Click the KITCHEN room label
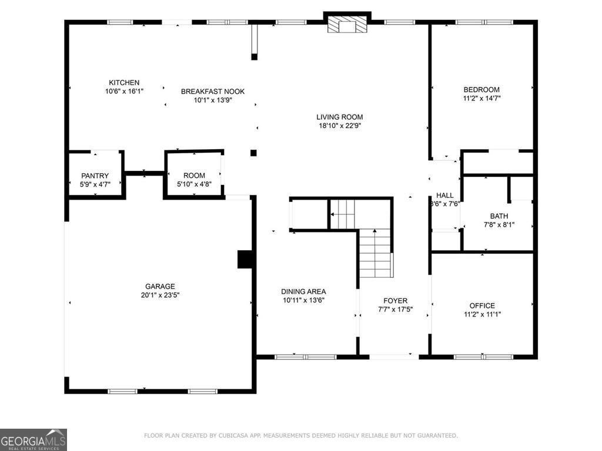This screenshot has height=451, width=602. [x=124, y=83]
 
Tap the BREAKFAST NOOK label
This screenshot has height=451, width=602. [x=212, y=92]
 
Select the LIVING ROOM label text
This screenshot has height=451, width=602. [x=340, y=117]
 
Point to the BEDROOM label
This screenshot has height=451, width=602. [x=481, y=90]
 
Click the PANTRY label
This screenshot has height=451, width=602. [x=95, y=176]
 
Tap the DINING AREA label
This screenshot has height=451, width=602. [x=303, y=291]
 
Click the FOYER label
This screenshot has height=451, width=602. [x=395, y=301]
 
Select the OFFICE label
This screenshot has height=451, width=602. [x=482, y=305]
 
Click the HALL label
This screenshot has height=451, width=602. [x=444, y=196]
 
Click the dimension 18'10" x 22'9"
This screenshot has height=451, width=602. [x=340, y=126]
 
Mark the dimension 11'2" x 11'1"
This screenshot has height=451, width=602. [x=482, y=314]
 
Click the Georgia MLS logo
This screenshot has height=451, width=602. [x=34, y=440]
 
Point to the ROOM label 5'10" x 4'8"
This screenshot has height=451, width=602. [x=194, y=176]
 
